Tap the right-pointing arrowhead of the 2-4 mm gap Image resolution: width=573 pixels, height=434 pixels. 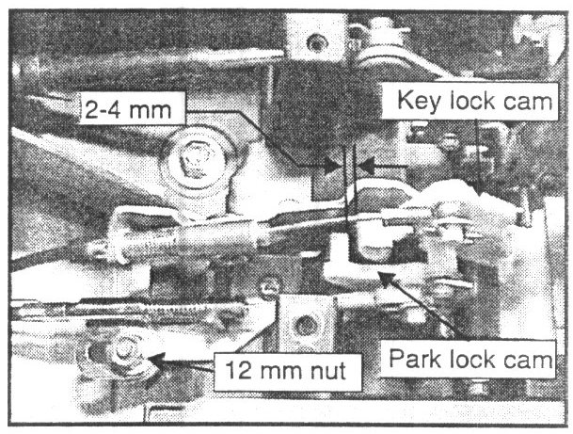330,166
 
